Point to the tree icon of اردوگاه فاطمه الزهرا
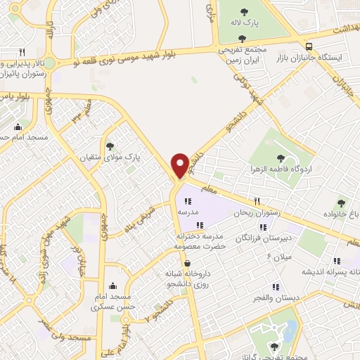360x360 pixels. point(281,158)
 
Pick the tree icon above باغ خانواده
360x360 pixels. point(340,202)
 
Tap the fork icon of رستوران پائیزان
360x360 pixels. point(22,52)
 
